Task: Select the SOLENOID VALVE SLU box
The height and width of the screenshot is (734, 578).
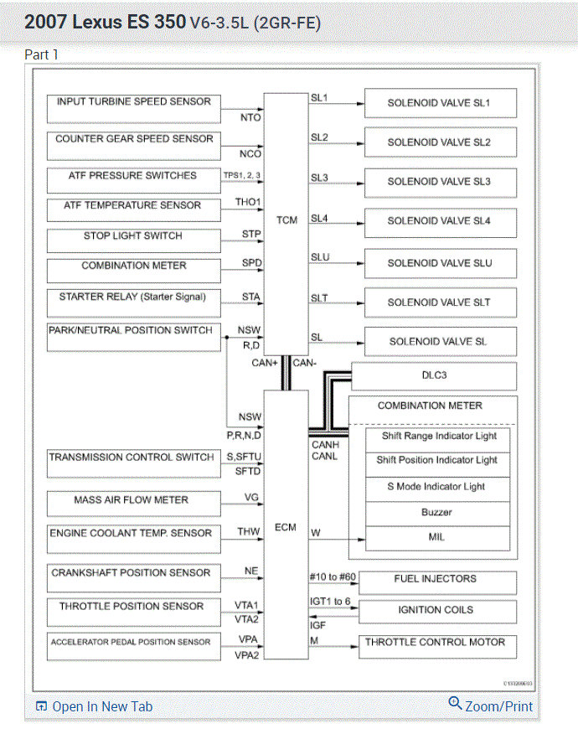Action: point(439,263)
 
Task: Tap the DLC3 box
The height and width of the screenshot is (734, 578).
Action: point(434,376)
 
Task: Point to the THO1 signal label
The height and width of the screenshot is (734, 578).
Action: point(249,202)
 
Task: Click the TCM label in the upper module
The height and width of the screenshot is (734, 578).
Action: point(286,220)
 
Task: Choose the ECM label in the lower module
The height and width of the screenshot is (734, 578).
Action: point(286,528)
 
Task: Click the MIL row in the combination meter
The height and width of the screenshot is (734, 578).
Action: point(437,537)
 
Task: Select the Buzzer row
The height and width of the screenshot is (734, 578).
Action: point(437,512)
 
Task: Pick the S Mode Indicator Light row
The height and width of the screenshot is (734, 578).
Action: point(437,487)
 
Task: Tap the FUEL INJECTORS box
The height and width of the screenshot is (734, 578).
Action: point(435,580)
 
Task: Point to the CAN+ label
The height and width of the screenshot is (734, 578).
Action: point(265,363)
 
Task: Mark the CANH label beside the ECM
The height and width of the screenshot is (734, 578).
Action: point(325,445)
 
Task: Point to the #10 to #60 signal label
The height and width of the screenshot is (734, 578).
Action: point(333,577)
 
